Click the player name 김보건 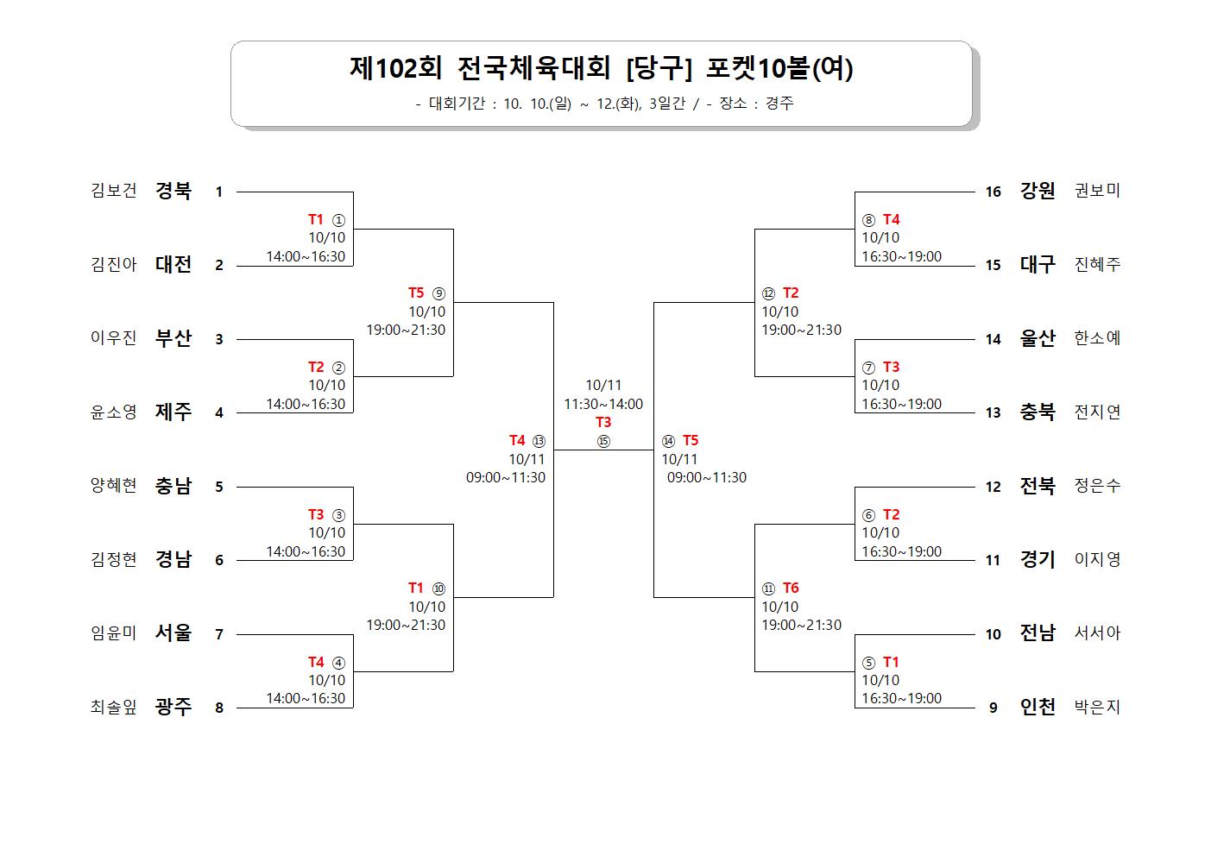point(114,191)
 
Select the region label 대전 point(173,265)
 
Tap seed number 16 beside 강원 point(993,192)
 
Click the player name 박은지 point(1097,707)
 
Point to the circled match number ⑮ point(603,442)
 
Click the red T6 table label point(791,588)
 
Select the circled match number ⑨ point(438,293)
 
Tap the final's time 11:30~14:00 point(603,404)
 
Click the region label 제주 point(173,412)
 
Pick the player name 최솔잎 point(114,707)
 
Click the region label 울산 point(1038,339)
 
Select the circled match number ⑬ point(539,441)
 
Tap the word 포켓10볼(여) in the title point(779,69)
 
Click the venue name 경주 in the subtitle point(779,104)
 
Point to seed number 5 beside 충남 point(219,487)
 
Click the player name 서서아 point(1097,633)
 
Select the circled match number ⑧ point(868,220)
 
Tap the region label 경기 point(1038,559)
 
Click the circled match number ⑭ point(668,441)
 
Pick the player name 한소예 point(1097,338)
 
